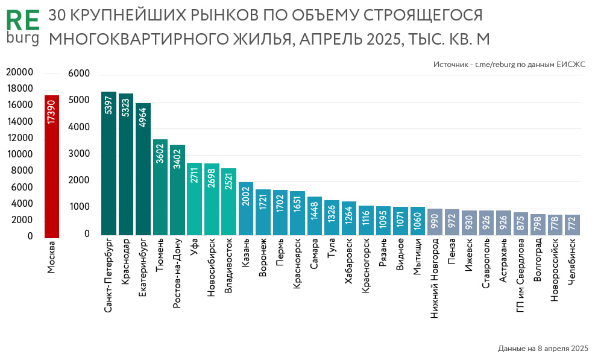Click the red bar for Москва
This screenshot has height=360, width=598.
pos(51,181)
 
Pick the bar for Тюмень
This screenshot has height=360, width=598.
pos(160,193)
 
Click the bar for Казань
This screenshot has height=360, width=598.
pos(246,211)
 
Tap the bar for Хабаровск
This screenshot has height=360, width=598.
pos(349,220)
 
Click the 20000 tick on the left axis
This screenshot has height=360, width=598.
pos(19,72)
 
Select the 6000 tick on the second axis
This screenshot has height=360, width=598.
pos(79,74)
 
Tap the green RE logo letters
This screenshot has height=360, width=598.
pos(22,21)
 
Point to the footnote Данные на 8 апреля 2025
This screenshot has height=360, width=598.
pos(543,349)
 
